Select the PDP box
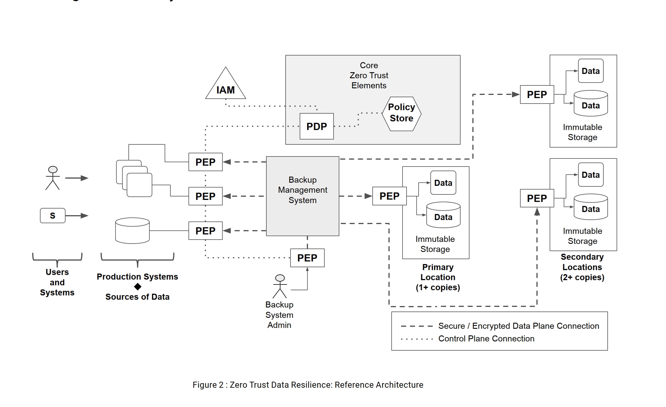[316, 127]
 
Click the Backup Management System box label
[303, 190]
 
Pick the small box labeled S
[53, 216]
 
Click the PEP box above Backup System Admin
[307, 258]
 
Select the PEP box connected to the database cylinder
[205, 231]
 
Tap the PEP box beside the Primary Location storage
[389, 196]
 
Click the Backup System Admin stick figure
[280, 286]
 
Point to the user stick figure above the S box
[53, 178]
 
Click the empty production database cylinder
[132, 231]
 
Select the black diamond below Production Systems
[138, 287]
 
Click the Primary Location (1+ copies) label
[438, 277]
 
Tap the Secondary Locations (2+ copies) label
[582, 267]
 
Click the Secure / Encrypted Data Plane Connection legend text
[518, 326]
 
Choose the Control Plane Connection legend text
[486, 339]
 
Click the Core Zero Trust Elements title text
[369, 75]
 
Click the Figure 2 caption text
[308, 385]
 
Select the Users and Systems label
[57, 282]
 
